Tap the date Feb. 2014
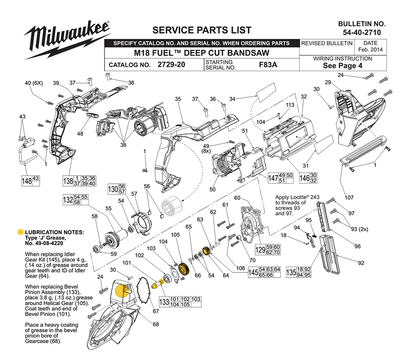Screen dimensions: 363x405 pos(371,50)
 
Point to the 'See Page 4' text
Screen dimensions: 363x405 pos(343,66)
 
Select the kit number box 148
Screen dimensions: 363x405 pos(27,180)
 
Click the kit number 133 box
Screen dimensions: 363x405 pos(164,302)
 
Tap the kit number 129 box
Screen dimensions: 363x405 pos(260,250)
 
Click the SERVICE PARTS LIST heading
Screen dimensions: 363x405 pos(201,30)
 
